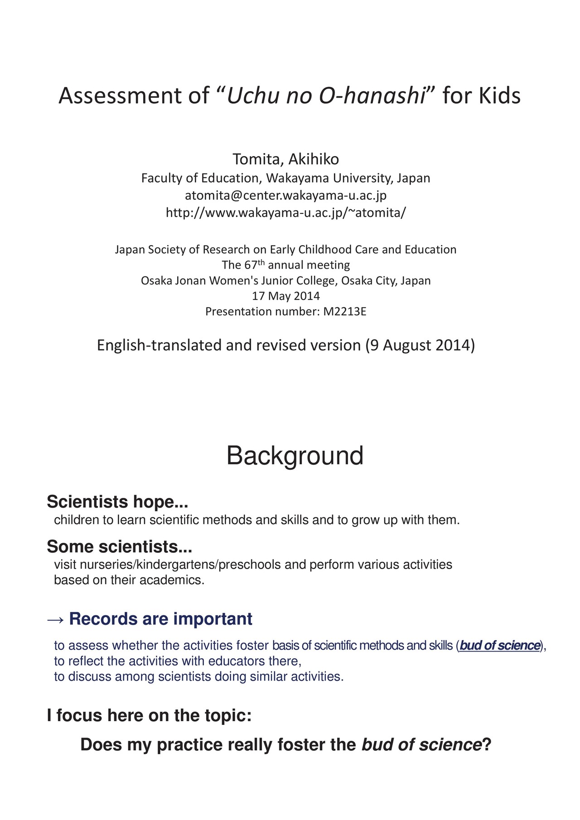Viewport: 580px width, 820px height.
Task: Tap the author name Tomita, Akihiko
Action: (x=285, y=159)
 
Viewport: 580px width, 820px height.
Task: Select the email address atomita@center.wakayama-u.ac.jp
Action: (x=285, y=195)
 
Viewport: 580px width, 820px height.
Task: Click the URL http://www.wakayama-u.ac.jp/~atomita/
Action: (x=285, y=212)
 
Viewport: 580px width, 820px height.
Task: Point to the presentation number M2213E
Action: (x=344, y=312)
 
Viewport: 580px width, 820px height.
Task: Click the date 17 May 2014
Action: (x=285, y=296)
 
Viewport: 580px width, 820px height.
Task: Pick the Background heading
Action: (x=295, y=456)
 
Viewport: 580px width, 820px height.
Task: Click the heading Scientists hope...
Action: (x=117, y=502)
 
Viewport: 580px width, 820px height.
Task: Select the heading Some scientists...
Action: (x=119, y=547)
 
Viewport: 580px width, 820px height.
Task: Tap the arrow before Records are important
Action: (x=56, y=619)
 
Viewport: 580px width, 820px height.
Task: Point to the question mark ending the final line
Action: (x=486, y=745)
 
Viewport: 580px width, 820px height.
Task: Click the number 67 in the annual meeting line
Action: (x=251, y=265)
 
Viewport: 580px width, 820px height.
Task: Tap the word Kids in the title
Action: (x=500, y=96)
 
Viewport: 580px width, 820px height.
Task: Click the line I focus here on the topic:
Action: (x=149, y=716)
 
